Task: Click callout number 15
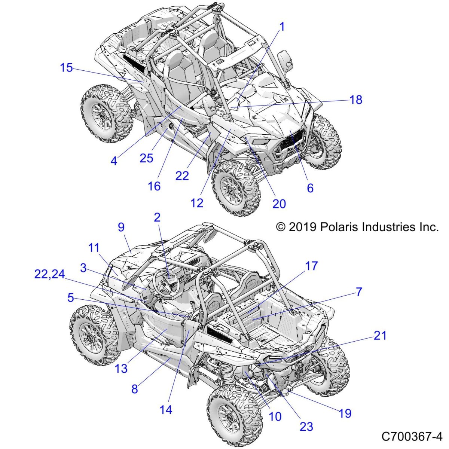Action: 66,68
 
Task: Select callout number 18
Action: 356,100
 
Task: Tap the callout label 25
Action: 146,158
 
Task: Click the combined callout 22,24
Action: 49,274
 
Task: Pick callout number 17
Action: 311,266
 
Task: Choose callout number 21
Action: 380,336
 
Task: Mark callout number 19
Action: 345,413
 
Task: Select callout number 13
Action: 121,369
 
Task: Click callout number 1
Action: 282,27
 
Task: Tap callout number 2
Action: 157,217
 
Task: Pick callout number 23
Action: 306,426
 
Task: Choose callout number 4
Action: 114,161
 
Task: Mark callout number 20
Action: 279,204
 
